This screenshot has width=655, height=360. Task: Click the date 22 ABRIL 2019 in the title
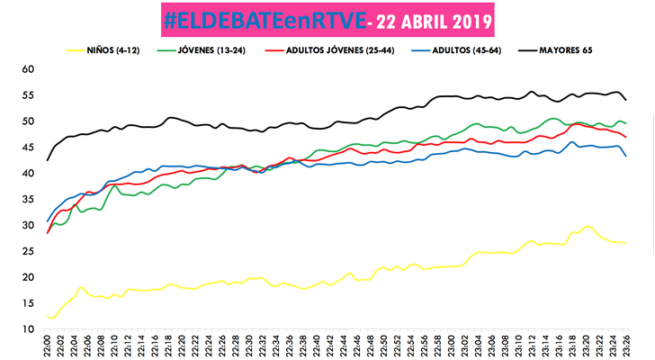426,19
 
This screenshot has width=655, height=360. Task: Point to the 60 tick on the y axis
27,69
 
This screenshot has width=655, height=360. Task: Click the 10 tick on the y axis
27,328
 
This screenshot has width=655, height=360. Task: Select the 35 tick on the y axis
27,199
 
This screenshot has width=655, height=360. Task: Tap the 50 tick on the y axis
27,121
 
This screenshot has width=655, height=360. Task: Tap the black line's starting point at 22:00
48,160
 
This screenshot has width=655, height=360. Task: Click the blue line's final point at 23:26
626,156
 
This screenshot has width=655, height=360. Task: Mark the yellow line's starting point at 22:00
48,317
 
